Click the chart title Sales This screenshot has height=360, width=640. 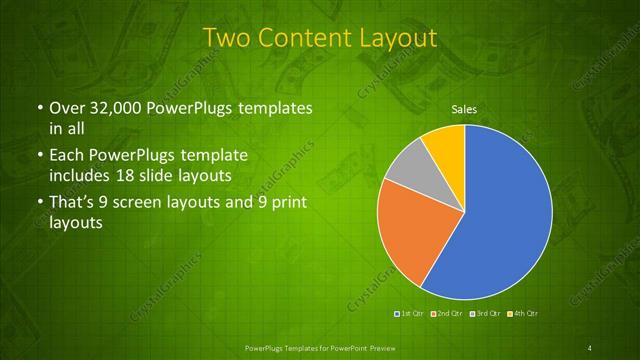[x=463, y=108]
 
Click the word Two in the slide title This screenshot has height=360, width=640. [x=228, y=38]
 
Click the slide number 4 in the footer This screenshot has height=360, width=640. [x=590, y=347]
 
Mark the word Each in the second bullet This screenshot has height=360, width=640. [x=65, y=157]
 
